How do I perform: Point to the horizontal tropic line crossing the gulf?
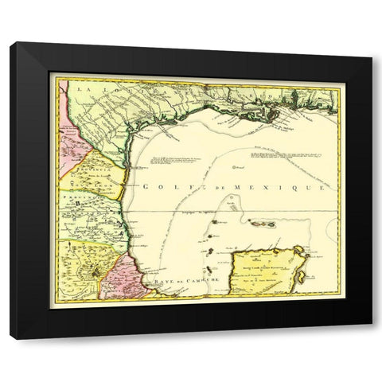(239, 210)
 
